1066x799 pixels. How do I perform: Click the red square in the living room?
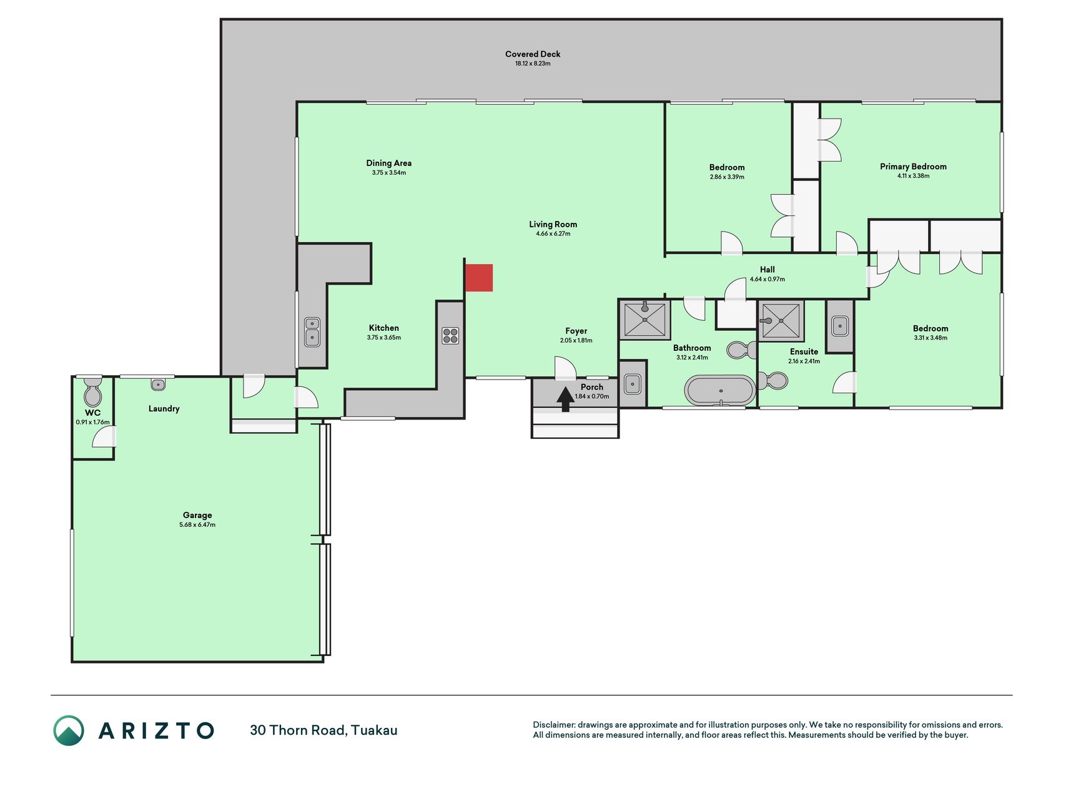479,278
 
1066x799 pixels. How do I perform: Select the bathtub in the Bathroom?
720,391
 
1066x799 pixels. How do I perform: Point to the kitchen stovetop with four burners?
450,336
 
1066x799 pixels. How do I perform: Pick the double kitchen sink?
312,332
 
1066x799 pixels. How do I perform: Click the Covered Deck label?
533,54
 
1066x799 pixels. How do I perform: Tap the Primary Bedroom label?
913,167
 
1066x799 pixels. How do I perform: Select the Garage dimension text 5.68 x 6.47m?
197,525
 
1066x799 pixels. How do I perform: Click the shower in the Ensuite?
781,321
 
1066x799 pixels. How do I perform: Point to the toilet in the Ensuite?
772,380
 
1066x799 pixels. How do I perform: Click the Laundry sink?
158,385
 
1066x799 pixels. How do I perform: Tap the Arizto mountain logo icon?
69,730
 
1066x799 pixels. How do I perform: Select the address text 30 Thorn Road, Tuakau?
323,730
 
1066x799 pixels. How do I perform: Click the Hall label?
767,270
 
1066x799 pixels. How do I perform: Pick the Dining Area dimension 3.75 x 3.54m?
389,173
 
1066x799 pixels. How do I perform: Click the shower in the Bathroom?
644,320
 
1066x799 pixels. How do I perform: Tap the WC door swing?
104,437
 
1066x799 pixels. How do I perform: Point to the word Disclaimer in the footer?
553,725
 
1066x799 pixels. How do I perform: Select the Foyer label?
576,331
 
